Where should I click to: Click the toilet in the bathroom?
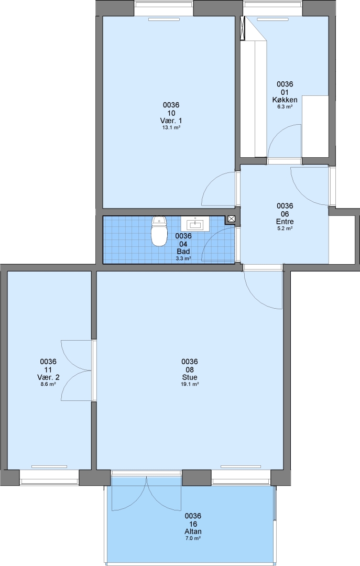[x=160, y=231]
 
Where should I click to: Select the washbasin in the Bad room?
[x=195, y=224]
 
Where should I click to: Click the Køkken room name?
[x=285, y=100]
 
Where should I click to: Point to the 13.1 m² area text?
[x=171, y=127]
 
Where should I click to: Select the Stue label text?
[x=190, y=377]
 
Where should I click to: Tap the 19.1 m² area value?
[x=190, y=384]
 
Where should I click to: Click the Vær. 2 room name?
[x=48, y=377]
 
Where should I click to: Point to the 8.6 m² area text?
[x=48, y=384]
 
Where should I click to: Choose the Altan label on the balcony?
[x=193, y=531]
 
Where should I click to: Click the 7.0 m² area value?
[x=193, y=538]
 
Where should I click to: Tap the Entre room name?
[x=285, y=222]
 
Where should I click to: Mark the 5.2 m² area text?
[x=285, y=228]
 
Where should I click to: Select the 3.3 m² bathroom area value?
[x=183, y=258]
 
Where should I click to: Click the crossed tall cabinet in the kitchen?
[x=243, y=28]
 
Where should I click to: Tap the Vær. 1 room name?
[x=171, y=121]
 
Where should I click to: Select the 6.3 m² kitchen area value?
[x=285, y=106]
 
